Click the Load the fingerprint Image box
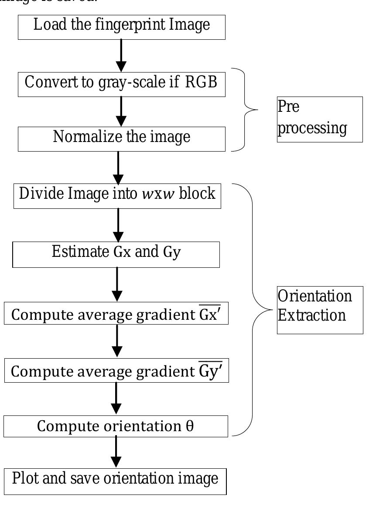(x=121, y=26)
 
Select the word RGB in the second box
(x=201, y=83)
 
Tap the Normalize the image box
(x=121, y=138)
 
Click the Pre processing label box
(x=320, y=119)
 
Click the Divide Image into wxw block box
(x=117, y=195)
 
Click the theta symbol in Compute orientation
(x=190, y=426)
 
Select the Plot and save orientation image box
(x=115, y=480)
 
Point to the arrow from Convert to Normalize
(x=121, y=111)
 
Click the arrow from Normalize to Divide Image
(x=118, y=168)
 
